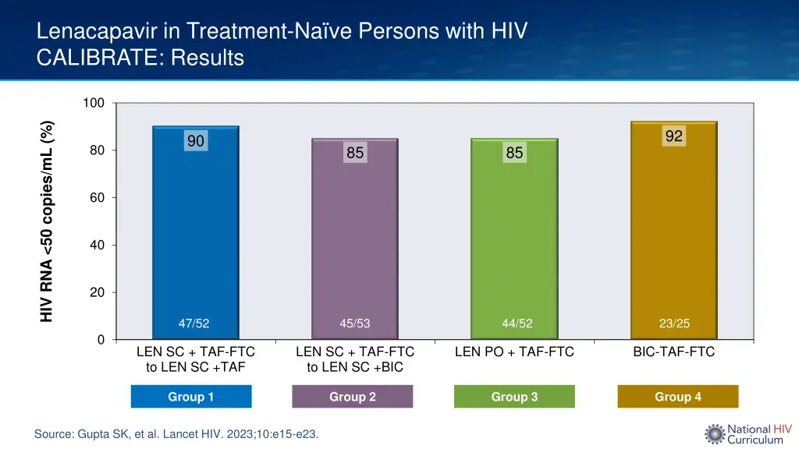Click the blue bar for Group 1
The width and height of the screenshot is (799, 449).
pos(196,234)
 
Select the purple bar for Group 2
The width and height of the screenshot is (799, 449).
pos(355,242)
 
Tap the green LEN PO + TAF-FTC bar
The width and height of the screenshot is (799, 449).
pos(514,242)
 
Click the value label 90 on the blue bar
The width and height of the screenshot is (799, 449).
pos(195,141)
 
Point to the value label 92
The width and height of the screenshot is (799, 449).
pos(674,136)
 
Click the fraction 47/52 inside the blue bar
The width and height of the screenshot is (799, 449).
pos(194,323)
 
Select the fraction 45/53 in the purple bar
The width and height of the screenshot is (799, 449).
pos(355,323)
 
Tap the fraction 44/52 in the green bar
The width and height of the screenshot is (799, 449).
pos(515,323)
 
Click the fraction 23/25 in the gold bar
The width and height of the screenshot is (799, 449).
pos(674,323)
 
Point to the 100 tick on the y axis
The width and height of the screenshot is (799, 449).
pos(95,103)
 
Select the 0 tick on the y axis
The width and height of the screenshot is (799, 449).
pos(101,340)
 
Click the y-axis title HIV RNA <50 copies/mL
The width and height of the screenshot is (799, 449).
pos(48,221)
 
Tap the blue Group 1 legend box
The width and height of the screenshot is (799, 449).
pos(191,397)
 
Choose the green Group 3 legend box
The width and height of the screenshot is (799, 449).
pos(514,397)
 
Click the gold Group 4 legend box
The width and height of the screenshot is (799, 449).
pos(677,397)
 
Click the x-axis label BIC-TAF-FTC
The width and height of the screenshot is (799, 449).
pos(673,352)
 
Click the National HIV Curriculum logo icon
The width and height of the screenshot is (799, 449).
pos(715,434)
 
